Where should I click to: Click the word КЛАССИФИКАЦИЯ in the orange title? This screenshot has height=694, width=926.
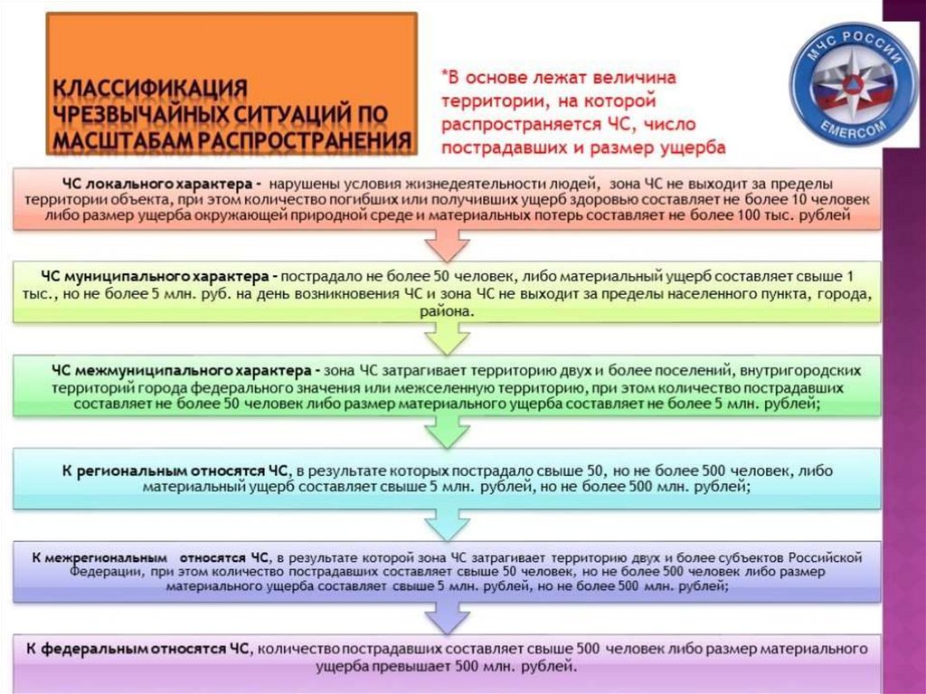149,89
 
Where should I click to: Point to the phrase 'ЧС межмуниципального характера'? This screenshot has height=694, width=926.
182,371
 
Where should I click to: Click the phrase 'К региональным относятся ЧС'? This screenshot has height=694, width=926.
175,471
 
